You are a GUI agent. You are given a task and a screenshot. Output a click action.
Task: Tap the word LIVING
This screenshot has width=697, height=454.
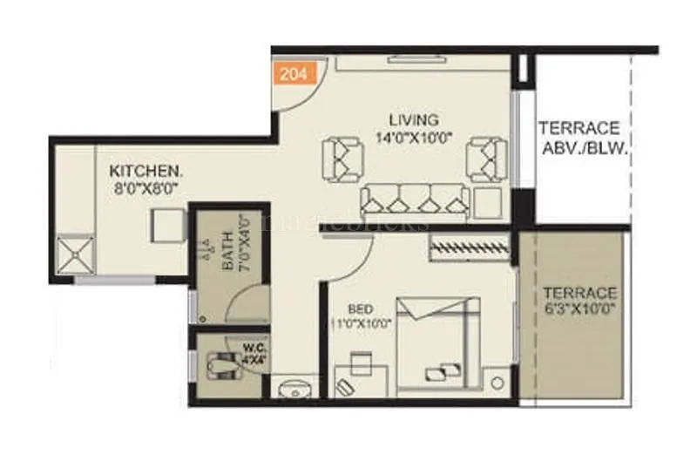(414, 119)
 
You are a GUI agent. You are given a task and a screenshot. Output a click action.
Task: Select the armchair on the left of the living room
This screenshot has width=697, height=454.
(346, 158)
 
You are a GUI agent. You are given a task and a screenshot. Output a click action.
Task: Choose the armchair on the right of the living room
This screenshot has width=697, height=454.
(484, 158)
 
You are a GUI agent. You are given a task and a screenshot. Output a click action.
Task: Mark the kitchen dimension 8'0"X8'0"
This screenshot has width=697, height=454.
(145, 186)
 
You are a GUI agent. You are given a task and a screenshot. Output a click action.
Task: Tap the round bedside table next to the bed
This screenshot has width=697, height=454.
(497, 383)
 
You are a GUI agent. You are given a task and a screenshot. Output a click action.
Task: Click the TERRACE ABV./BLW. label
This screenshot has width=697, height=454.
(578, 138)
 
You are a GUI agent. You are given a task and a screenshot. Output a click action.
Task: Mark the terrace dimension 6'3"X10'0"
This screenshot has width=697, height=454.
(579, 309)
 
